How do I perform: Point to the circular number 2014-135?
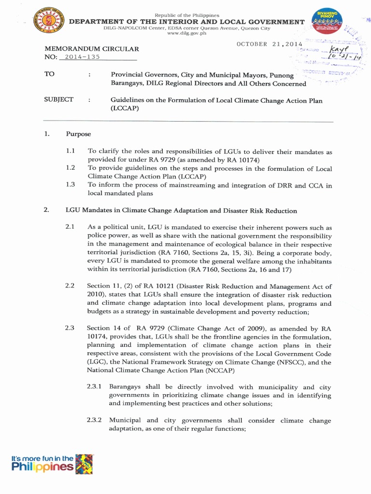click(82, 57)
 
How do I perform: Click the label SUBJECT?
click(59, 99)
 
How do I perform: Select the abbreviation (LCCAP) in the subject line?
click(124, 109)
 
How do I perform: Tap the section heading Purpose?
click(78, 134)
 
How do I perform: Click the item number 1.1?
click(71, 151)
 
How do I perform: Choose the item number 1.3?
click(71, 185)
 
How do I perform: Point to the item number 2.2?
click(70, 286)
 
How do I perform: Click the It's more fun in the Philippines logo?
click(52, 464)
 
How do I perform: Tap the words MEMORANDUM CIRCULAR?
click(92, 49)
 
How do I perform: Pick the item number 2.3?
click(70, 328)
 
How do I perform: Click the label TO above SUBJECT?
click(50, 75)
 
